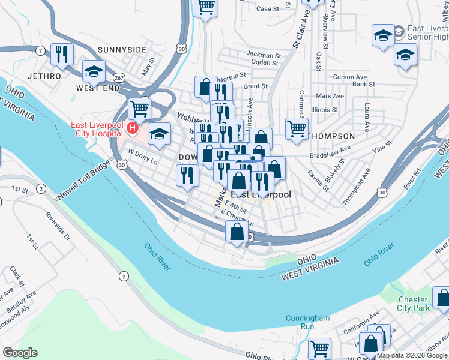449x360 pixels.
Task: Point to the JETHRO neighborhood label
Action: tap(44, 77)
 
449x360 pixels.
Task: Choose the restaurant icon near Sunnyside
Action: tap(62, 55)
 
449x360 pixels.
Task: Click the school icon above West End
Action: tap(94, 72)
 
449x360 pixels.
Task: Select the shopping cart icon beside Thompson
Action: tap(297, 128)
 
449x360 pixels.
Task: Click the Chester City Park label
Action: tap(414, 304)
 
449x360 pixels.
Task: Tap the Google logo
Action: tap(20, 353)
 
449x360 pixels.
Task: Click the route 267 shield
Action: tap(119, 78)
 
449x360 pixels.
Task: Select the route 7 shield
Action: tap(40, 50)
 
